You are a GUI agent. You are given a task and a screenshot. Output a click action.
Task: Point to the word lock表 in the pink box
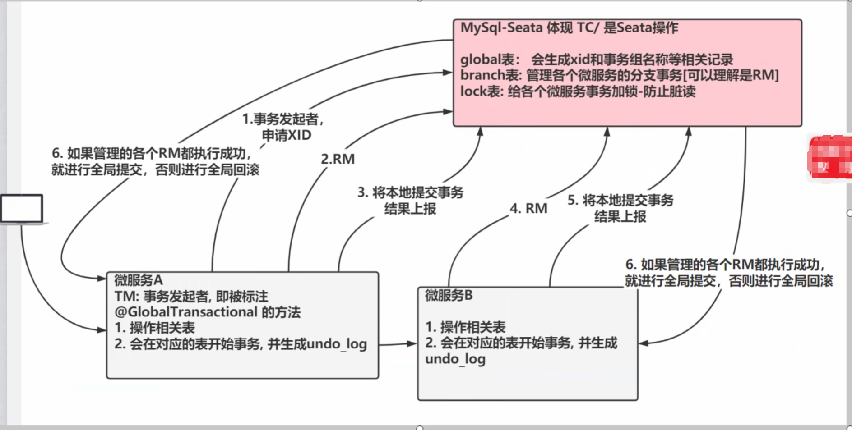point(481,91)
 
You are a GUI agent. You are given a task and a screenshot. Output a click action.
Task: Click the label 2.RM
point(338,159)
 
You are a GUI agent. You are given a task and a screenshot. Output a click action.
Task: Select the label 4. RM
point(528,208)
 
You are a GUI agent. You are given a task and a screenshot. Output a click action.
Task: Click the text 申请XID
point(287,135)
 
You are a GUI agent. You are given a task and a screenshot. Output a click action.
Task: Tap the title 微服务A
point(139,280)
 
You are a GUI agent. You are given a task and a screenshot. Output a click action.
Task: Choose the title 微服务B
point(449,296)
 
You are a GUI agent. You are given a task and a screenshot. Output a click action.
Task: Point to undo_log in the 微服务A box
point(337,344)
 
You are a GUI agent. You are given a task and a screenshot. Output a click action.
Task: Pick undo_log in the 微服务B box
point(455,359)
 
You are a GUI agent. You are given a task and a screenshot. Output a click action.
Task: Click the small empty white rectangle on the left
point(22,208)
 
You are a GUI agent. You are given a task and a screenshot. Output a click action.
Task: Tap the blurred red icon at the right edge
point(829,157)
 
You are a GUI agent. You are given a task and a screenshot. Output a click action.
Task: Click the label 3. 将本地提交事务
point(410,193)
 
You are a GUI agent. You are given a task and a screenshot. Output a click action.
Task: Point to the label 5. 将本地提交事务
point(620,201)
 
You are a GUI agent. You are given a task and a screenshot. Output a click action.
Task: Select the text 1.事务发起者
point(283,119)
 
